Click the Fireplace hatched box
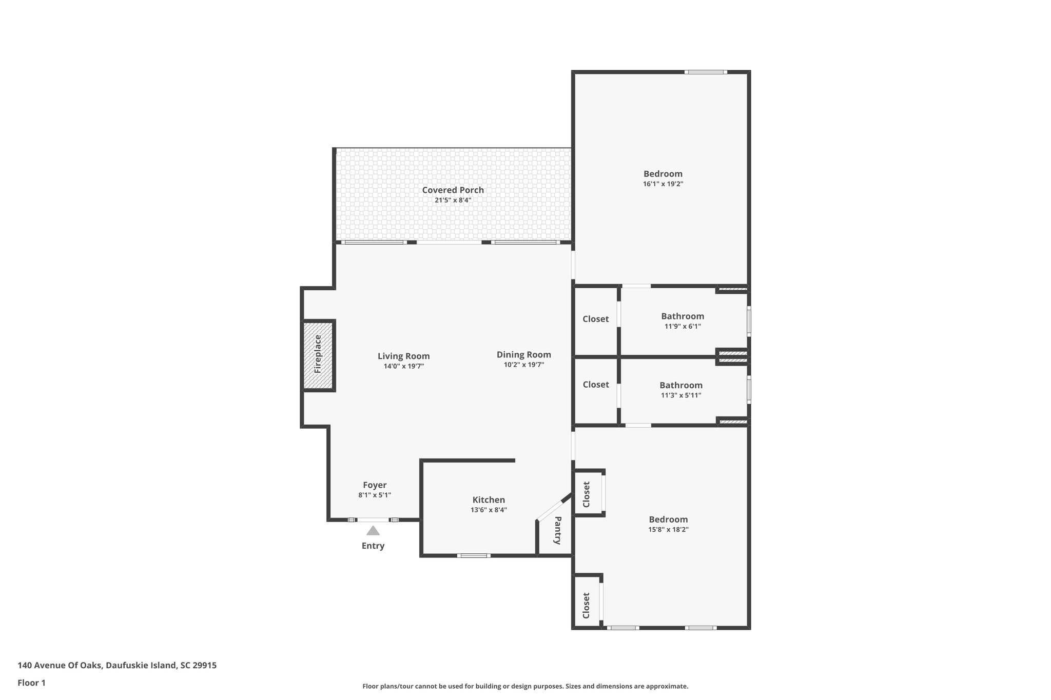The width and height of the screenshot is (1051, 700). [319, 355]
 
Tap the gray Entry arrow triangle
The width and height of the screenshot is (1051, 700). [373, 531]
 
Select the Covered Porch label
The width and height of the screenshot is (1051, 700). [453, 190]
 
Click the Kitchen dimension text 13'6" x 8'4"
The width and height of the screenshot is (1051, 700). [489, 510]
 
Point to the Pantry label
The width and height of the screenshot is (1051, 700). [557, 530]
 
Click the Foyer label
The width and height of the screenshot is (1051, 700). [375, 485]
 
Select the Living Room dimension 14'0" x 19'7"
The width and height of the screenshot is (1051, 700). [403, 366]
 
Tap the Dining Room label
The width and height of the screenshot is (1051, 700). [523, 354]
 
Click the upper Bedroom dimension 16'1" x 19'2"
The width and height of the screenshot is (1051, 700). [663, 184]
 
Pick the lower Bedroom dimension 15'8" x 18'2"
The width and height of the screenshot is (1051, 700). [668, 529]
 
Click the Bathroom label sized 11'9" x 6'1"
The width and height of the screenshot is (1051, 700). [682, 316]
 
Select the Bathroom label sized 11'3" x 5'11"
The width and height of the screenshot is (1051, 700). [680, 385]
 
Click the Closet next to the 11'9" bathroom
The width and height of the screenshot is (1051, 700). [595, 319]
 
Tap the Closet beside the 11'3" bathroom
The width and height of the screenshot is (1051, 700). [595, 385]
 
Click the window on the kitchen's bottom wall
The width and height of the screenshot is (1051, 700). [473, 555]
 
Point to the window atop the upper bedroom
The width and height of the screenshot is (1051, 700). [706, 72]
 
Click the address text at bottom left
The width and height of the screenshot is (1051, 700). [117, 665]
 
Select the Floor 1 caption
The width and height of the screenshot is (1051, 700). [32, 683]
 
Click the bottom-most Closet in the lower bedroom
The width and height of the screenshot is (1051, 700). [586, 605]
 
